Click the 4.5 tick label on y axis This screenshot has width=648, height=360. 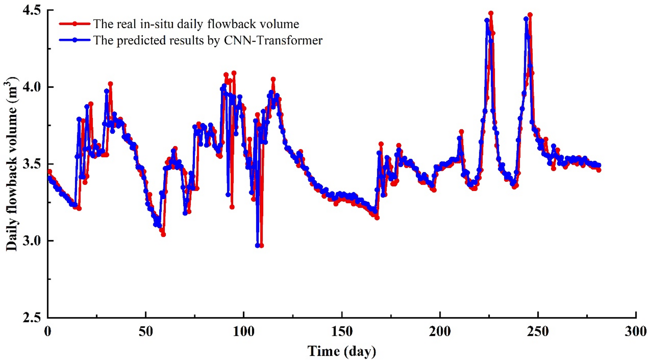coord(32,10)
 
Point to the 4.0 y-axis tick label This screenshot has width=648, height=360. coord(32,87)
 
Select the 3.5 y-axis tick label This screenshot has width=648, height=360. coord(32,164)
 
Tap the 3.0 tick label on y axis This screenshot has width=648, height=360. coord(32,241)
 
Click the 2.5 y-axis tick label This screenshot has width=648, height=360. coord(32,318)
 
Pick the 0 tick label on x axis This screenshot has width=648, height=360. coord(48,331)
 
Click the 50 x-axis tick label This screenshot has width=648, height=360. coord(146,331)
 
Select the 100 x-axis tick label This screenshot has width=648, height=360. coord(244,331)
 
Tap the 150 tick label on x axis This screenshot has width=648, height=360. coord(342,331)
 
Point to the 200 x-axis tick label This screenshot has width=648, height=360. coord(440,331)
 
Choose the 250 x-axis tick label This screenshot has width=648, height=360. coord(538,331)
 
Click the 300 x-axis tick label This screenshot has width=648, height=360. coord(635,331)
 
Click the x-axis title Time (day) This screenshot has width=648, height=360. coord(342,351)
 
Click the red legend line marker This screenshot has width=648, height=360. coord(75,24)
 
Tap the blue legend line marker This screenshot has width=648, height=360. coord(75,40)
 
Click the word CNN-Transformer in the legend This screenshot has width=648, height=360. coord(273,40)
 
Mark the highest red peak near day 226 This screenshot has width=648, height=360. coord(491,13)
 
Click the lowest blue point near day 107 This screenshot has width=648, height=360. coord(257,245)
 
